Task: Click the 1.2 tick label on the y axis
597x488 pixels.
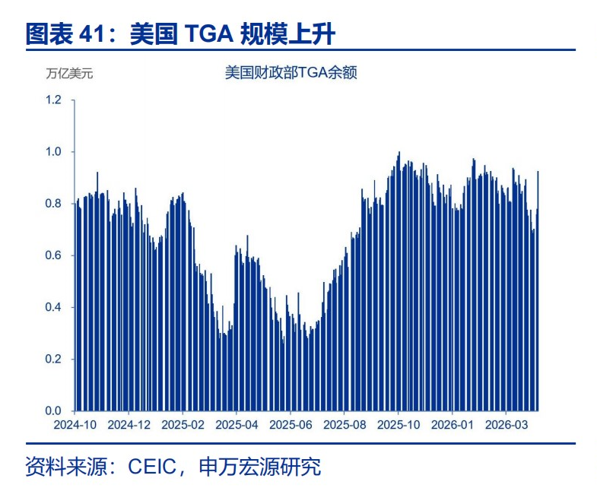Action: coord(53,100)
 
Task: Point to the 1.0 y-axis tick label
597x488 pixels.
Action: coord(53,151)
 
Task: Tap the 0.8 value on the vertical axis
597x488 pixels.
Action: coord(53,203)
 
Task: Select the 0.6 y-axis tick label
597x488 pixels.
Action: coord(53,255)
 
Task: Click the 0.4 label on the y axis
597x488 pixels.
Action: coord(53,307)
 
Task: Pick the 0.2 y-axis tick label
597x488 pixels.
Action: coord(53,359)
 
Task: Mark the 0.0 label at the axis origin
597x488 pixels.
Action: coord(53,410)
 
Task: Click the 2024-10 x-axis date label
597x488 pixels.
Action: coord(75,425)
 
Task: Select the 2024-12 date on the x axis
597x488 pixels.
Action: coord(129,425)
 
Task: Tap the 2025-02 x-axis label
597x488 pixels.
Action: coord(183,425)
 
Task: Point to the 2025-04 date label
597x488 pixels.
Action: coord(237,425)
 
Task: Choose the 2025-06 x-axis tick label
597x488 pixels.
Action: coord(291,425)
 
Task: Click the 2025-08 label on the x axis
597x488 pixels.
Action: coord(345,425)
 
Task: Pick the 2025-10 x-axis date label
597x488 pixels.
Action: coord(399,425)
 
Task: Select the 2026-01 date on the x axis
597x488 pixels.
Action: coord(453,425)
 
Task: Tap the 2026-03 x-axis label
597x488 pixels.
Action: coord(506,425)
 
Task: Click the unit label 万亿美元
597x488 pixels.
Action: coord(69,73)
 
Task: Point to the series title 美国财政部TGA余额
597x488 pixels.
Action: coord(291,72)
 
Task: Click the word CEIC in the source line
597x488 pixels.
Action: coord(152,466)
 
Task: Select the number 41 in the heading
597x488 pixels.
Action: coord(91,33)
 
